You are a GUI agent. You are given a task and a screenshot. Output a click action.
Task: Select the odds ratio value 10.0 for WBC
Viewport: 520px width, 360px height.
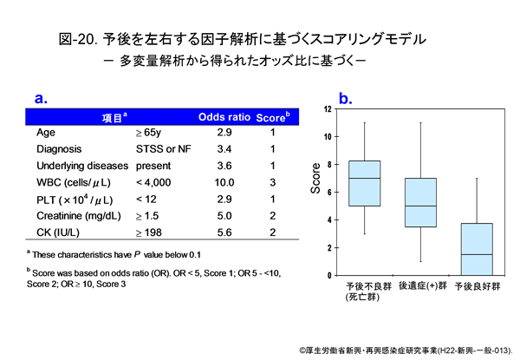point(224,182)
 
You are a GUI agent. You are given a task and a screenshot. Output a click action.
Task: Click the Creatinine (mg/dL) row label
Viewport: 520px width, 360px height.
point(74,215)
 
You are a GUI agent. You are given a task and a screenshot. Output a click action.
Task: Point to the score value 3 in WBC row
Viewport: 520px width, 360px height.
point(272,182)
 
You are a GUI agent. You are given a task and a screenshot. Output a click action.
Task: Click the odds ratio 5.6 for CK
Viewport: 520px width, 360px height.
point(224,232)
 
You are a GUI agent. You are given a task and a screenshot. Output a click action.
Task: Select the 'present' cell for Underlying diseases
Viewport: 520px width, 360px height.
point(153,166)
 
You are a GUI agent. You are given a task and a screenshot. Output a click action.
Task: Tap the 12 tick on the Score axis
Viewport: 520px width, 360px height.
point(327,108)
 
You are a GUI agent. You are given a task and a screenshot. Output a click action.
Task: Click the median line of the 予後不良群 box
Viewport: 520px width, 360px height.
point(364,178)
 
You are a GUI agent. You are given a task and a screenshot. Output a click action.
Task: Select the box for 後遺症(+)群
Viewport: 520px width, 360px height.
point(420,202)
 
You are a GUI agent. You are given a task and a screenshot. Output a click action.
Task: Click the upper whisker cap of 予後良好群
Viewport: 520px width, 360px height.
point(478,178)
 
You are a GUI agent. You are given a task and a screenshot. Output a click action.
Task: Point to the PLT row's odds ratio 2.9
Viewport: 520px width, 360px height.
point(224,199)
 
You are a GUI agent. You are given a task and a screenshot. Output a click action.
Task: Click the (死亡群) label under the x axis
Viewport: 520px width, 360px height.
point(362,297)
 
